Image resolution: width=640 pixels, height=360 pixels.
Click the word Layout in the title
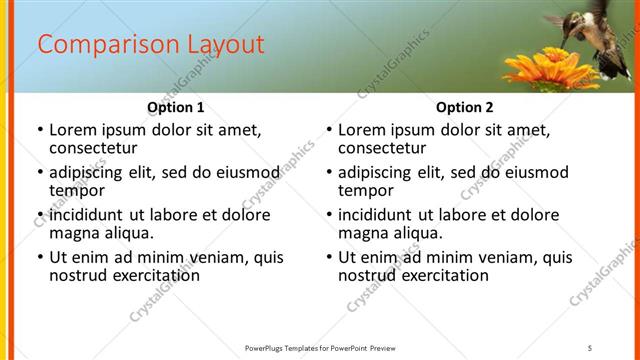pos(225,45)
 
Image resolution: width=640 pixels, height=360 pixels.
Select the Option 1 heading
pos(176,107)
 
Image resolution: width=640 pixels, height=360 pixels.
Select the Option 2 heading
pos(465,107)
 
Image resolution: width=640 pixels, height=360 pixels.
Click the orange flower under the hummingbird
pos(540,68)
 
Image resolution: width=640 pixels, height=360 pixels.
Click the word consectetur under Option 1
pos(96,148)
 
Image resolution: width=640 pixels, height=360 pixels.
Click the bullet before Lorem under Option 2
pos(329,130)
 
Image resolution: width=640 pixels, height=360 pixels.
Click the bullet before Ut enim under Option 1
pos(40,257)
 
